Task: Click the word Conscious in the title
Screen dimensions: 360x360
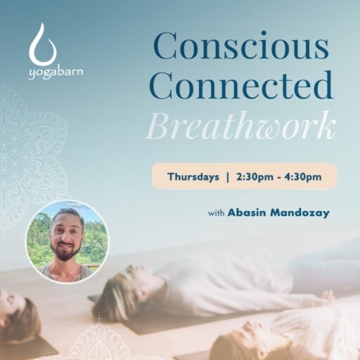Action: tap(241, 46)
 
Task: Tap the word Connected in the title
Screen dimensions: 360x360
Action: tap(240, 85)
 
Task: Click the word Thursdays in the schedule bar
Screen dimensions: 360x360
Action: tap(193, 176)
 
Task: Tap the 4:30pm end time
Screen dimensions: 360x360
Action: tap(303, 177)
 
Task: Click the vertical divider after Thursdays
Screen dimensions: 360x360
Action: tap(228, 177)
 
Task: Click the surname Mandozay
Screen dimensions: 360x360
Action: tap(300, 213)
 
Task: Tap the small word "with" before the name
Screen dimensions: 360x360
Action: tap(217, 213)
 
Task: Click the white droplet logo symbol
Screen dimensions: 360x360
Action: tap(43, 44)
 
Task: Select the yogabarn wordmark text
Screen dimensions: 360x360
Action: tap(56, 73)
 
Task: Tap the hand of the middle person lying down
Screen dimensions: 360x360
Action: tap(326, 296)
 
